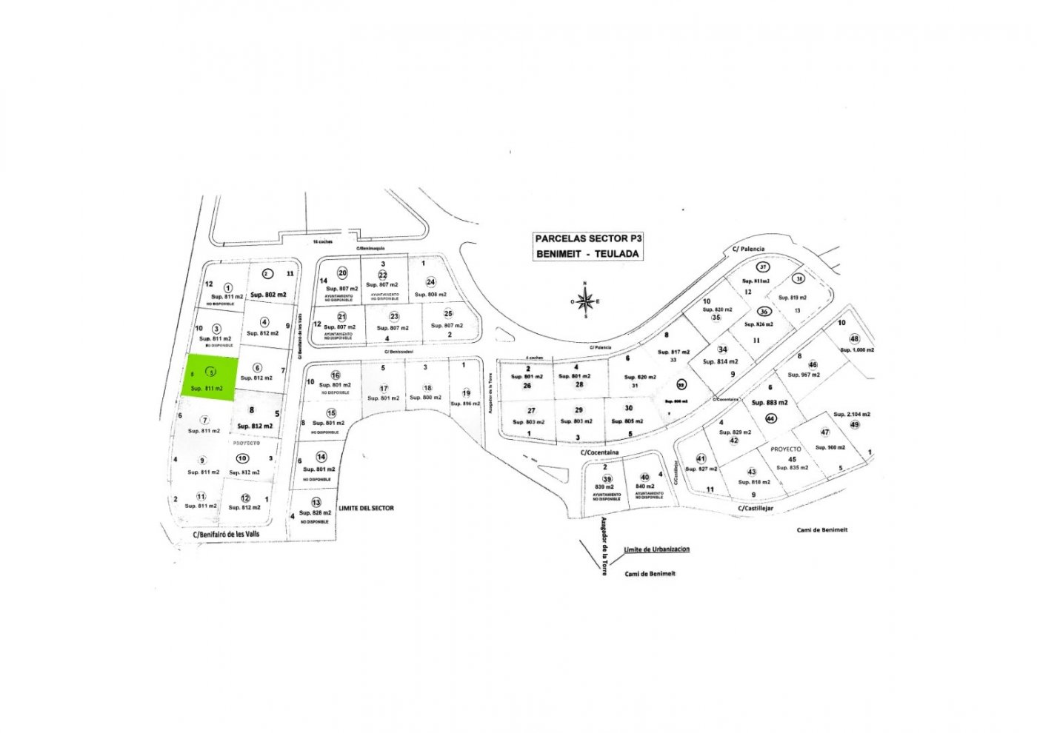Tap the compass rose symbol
tap(585, 301)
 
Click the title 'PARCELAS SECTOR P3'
tap(589, 238)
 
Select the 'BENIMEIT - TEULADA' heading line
tap(589, 254)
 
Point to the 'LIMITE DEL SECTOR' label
tap(366, 508)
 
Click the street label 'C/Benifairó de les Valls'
tap(226, 534)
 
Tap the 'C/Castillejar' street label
tap(756, 509)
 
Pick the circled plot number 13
tap(316, 503)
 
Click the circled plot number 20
tap(342, 273)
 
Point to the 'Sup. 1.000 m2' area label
tap(857, 349)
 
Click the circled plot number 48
tap(854, 339)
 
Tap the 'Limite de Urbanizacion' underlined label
tap(657, 549)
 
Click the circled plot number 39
tap(607, 479)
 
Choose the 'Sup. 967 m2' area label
tap(804, 375)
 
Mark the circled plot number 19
tap(466, 393)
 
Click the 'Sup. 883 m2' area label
tap(770, 403)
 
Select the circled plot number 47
tap(825, 432)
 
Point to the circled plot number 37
tap(763, 267)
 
